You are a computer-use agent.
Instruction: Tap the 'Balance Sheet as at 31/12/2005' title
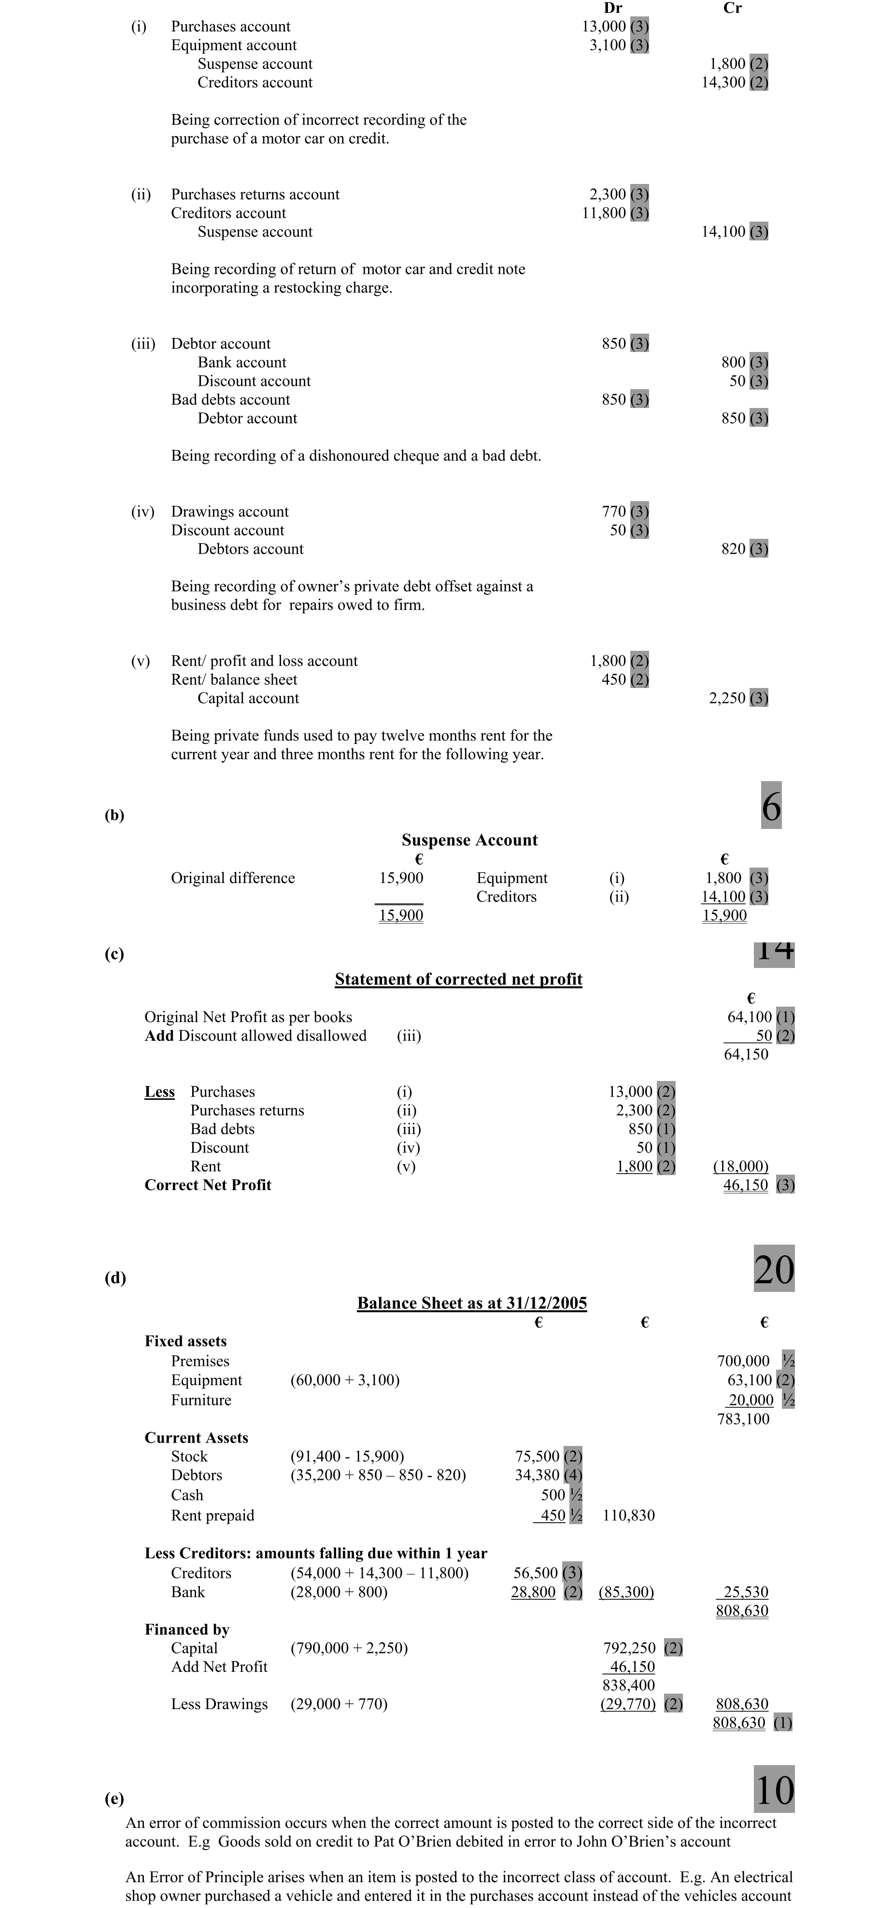click(x=472, y=1303)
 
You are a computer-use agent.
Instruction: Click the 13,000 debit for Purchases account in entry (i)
click(x=604, y=27)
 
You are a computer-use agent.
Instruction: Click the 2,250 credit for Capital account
click(x=727, y=698)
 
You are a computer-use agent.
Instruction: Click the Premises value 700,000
click(x=743, y=1361)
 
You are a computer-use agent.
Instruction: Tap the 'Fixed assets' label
click(x=185, y=1341)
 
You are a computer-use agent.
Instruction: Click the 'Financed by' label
click(x=187, y=1629)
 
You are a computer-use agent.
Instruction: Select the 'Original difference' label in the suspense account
click(x=233, y=878)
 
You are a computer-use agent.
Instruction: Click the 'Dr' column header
click(x=613, y=8)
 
